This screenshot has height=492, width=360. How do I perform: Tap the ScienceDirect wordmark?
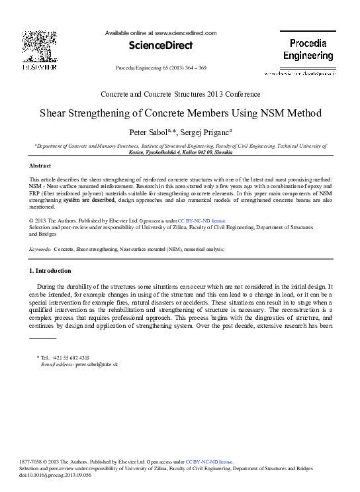(161, 46)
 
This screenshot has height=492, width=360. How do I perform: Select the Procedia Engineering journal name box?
(308, 49)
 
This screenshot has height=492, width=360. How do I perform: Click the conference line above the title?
(180, 94)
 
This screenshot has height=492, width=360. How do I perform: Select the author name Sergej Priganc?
(203, 132)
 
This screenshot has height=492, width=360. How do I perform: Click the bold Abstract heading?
(40, 165)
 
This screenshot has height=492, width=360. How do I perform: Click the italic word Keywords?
(40, 250)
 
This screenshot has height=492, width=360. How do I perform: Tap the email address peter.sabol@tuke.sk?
(97, 364)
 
